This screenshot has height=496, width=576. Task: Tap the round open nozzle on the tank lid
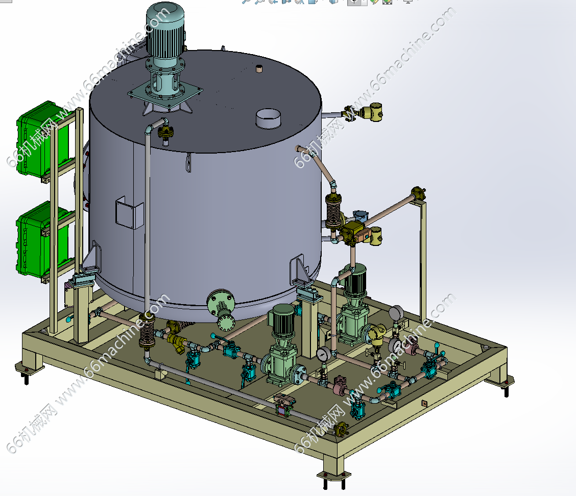point(268,118)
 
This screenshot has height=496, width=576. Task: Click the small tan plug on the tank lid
point(259,68)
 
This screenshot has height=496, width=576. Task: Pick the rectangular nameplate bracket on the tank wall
point(129,213)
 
